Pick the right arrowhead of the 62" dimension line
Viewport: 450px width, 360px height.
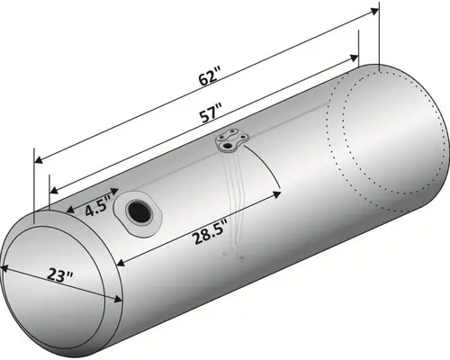tap(374, 12)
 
